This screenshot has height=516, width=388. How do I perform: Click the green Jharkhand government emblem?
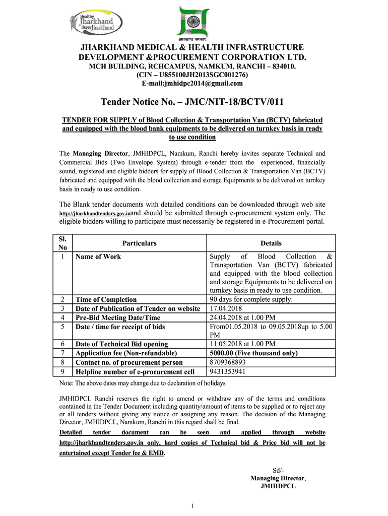tap(193, 22)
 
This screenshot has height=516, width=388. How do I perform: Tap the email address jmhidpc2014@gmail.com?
tap(194, 83)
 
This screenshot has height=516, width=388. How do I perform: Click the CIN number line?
tap(194, 75)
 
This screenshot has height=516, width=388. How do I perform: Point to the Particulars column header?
tap(140, 243)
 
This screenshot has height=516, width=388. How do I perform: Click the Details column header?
tap(271, 243)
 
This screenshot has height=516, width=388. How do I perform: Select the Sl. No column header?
tap(63, 243)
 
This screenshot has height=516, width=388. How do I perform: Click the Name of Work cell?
tap(98, 256)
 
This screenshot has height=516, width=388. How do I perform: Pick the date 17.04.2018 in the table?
tap(226, 308)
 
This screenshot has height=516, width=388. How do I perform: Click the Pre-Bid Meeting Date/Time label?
tap(118, 317)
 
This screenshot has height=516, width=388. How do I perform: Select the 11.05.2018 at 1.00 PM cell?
tap(242, 344)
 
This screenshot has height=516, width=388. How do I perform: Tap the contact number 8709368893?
tap(228, 362)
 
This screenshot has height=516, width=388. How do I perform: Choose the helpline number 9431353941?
tap(228, 372)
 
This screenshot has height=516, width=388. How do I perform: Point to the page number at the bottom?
tap(193, 505)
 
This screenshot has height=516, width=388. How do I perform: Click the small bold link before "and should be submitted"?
tap(95, 214)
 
